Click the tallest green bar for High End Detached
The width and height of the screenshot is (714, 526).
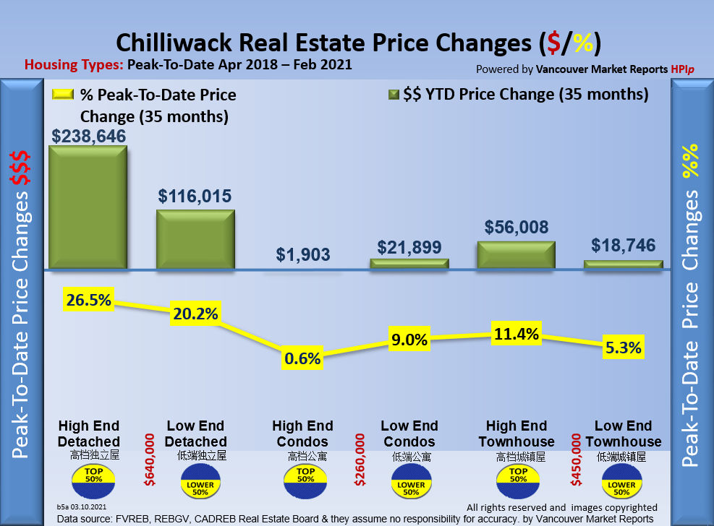(88, 208)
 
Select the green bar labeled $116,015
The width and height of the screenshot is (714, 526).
(196, 240)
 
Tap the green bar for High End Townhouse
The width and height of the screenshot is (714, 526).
(516, 255)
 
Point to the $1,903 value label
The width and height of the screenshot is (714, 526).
(303, 254)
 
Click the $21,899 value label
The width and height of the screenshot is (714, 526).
(409, 247)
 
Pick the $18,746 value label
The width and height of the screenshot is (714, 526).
(624, 245)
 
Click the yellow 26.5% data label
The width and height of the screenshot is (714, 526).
(88, 300)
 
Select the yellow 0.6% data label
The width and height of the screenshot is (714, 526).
(303, 358)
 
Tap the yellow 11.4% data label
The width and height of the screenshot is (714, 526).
(516, 334)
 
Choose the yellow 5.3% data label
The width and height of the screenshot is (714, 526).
(624, 348)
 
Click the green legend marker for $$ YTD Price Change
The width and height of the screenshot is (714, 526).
(394, 95)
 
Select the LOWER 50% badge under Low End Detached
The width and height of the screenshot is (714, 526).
(196, 484)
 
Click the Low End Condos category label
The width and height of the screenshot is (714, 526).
(409, 434)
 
